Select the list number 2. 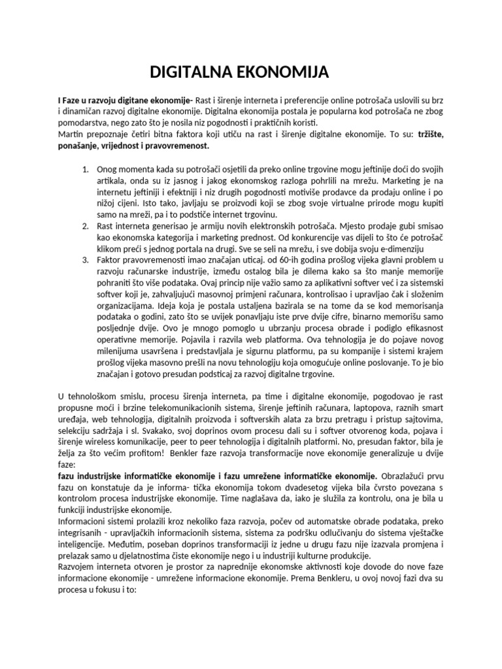85,225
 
